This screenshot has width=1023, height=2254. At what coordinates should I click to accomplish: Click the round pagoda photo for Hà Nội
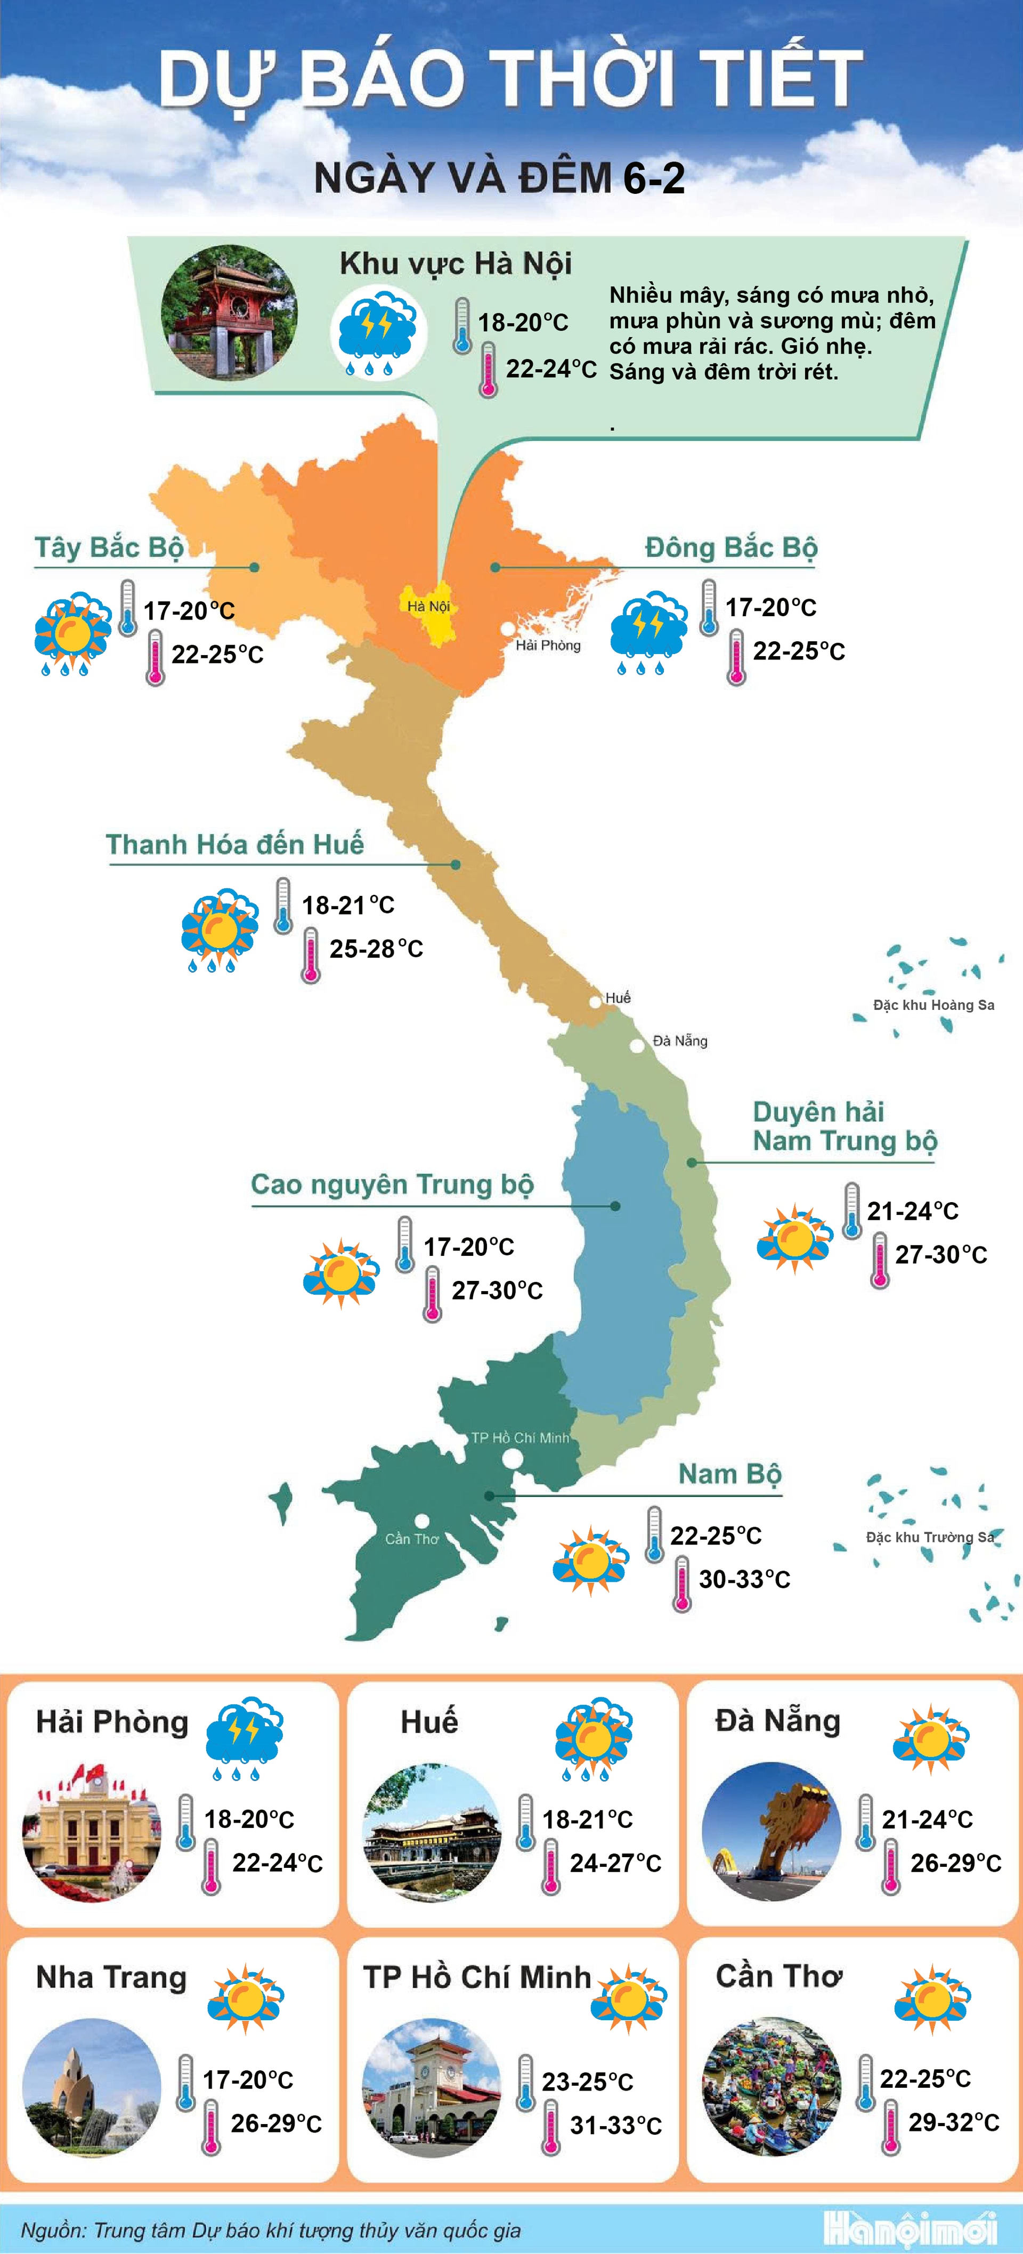coord(229,313)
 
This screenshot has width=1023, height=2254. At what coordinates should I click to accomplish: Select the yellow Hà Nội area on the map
coord(428,609)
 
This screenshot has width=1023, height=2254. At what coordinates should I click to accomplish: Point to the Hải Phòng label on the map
coord(548,646)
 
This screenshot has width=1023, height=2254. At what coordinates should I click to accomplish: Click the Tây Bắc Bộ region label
coord(109,548)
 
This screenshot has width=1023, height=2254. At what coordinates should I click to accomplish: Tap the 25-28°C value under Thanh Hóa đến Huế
coord(376,949)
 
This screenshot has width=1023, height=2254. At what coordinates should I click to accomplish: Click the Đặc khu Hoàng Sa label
coord(933,1005)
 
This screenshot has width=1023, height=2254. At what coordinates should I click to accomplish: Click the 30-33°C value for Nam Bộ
coord(744,1579)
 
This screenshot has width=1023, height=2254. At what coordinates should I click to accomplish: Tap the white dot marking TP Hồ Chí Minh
coord(513,1459)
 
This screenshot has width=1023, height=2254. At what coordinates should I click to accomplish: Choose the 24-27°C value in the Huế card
coord(615,1863)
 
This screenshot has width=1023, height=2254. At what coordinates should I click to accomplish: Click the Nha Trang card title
coord(111,1978)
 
